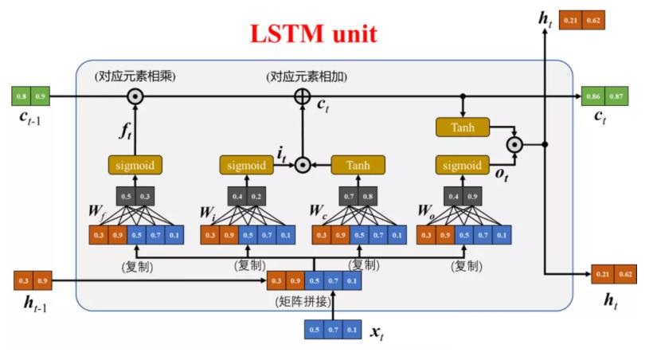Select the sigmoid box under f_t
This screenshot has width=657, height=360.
135,166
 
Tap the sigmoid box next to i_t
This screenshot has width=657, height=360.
246,166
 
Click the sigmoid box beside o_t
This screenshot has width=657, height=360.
462,166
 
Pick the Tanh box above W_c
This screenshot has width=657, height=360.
358,166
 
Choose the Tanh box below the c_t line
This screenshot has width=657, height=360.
462,127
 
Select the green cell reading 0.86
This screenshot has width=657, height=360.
592,96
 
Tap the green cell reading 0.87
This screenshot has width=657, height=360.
616,96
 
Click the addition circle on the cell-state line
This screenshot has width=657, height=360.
302,96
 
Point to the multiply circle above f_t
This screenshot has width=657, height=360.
135,96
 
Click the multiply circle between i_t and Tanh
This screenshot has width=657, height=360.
302,166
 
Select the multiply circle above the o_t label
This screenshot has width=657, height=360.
515,144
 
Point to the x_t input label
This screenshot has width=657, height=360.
378,331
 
